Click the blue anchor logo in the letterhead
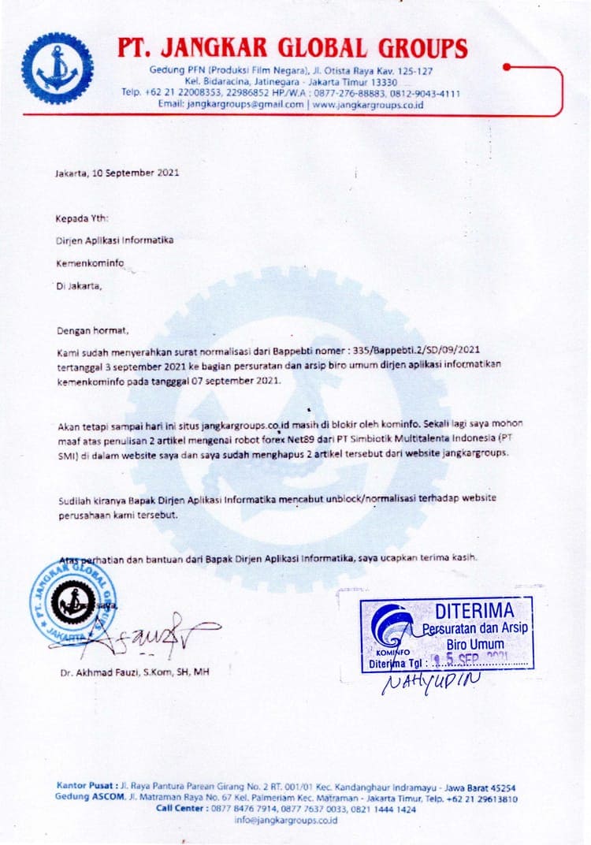57,69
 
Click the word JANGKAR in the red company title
214,49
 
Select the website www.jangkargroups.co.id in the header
368,104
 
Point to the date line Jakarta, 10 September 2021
117,172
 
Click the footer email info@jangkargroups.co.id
286,820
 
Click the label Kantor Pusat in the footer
86,787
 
